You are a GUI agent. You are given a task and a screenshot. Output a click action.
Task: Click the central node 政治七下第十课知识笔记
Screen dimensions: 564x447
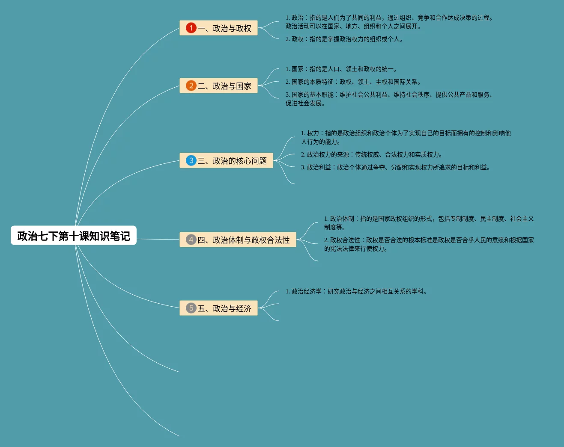point(74,236)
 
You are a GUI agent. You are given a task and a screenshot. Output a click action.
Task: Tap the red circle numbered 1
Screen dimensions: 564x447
point(191,28)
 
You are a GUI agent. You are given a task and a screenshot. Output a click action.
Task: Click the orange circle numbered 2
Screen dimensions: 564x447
point(191,86)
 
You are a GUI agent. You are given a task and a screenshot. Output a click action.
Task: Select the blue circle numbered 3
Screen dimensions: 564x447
point(191,161)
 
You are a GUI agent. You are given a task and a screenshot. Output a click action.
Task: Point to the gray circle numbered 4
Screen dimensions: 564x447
point(191,240)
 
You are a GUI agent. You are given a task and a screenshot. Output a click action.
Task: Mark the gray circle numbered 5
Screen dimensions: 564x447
point(191,308)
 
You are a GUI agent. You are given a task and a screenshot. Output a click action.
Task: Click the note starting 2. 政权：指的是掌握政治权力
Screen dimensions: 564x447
point(344,39)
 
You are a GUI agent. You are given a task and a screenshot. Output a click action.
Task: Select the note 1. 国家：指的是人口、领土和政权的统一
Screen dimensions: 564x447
point(341,69)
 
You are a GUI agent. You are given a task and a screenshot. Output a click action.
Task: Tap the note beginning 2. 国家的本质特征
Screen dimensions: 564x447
point(353,82)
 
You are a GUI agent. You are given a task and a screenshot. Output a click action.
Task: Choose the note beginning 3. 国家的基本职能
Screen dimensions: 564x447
point(389,99)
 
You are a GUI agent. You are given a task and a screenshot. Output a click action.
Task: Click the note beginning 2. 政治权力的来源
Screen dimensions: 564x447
point(372,155)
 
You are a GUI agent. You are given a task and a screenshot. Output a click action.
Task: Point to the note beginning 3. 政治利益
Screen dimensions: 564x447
point(395,168)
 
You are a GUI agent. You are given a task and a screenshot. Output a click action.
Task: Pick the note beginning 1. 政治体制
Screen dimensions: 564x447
point(429,223)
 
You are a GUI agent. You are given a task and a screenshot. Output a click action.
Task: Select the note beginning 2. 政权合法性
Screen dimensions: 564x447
point(429,244)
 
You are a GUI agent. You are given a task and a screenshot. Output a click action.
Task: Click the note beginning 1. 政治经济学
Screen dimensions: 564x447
point(356,292)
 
